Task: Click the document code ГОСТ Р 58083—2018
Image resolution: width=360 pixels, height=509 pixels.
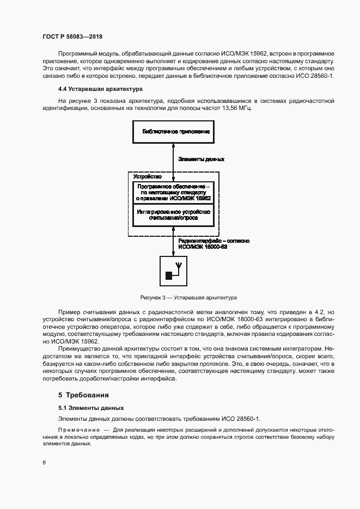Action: (x=72, y=36)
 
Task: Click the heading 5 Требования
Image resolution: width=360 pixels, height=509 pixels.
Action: (x=84, y=395)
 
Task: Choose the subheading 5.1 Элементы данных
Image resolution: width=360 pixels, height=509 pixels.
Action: (x=91, y=407)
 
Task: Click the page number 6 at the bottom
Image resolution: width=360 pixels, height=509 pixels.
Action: (x=44, y=462)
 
